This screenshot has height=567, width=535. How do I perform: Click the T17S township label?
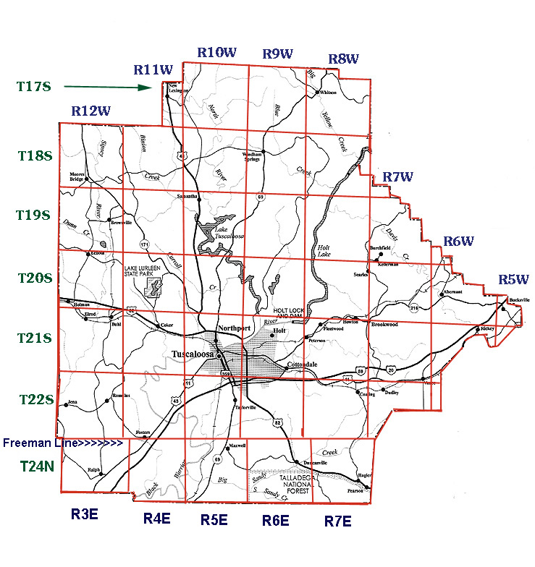tap(34, 87)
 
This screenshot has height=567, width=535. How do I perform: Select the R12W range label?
tap(90, 111)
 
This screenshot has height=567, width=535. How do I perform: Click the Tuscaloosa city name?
tap(193, 354)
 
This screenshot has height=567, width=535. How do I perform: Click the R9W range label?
tap(277, 53)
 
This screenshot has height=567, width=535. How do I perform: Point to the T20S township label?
tap(34, 278)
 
